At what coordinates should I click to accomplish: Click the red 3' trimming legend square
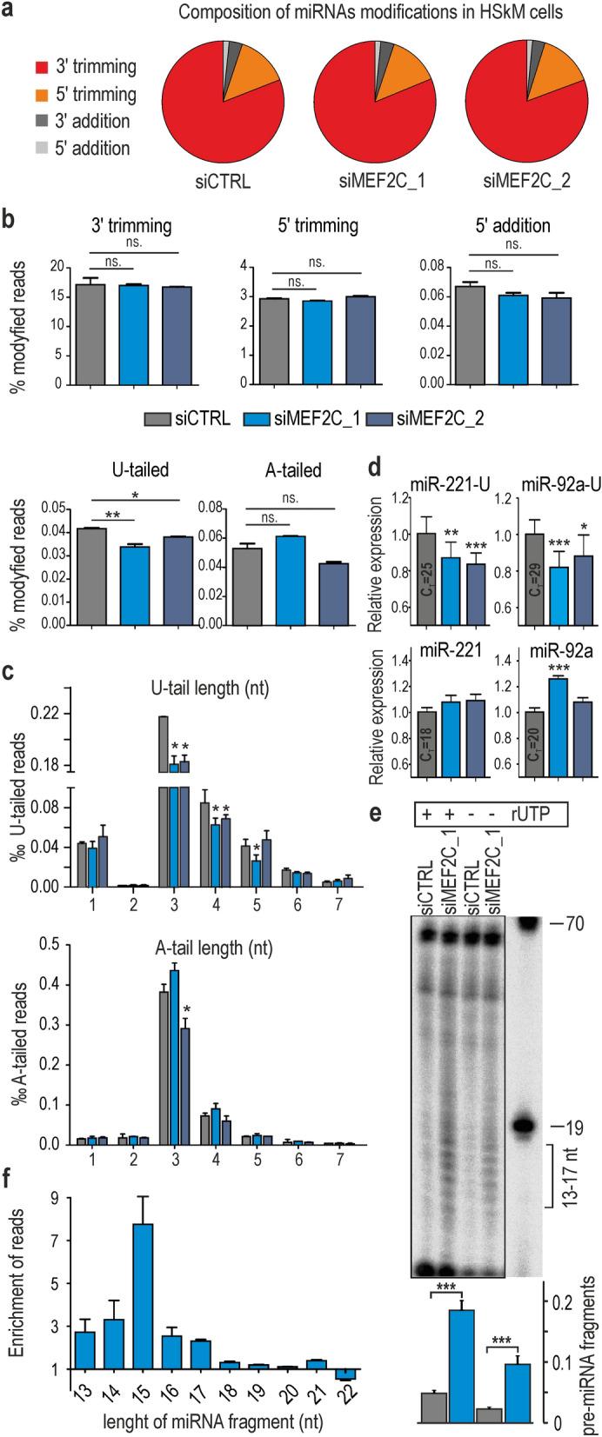(42, 66)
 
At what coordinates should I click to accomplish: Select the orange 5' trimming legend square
(42, 93)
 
